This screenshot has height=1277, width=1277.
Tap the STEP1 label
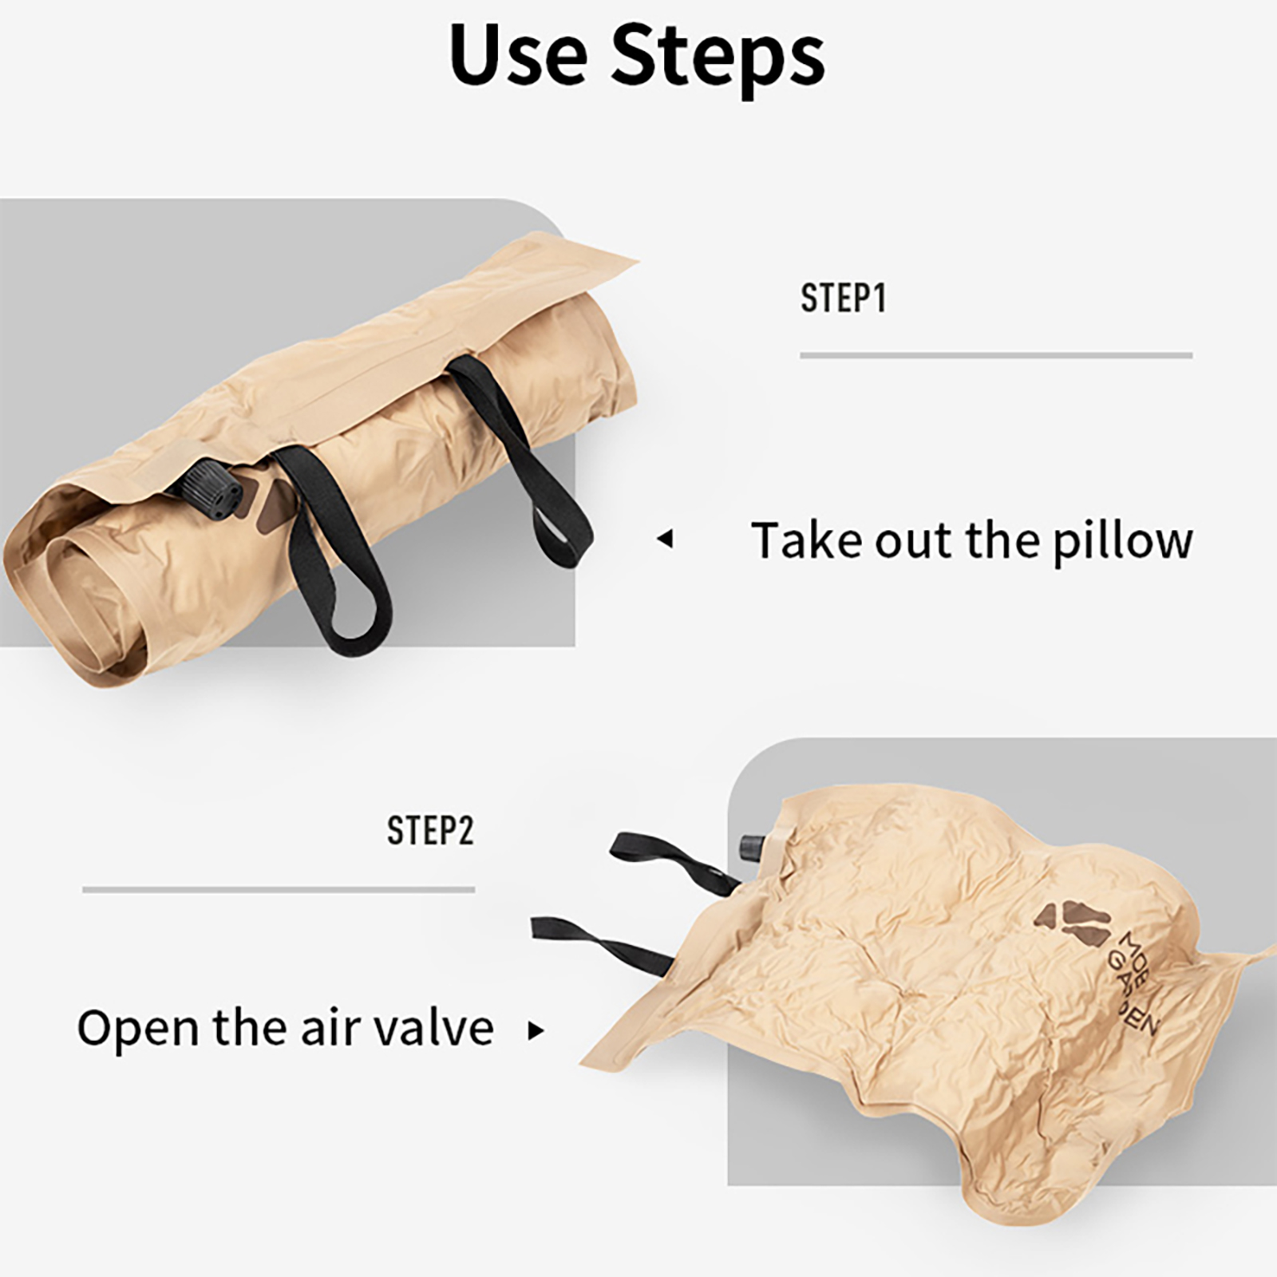(844, 298)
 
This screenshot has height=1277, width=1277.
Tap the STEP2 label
(430, 830)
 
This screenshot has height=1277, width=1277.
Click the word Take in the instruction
(808, 540)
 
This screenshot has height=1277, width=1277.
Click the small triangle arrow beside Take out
(665, 540)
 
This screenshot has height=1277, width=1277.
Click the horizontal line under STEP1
(996, 355)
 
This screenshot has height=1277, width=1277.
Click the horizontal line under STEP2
(279, 889)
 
